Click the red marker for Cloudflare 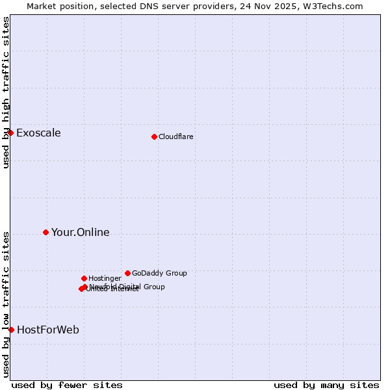[x=154, y=136]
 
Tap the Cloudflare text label [x=175, y=136]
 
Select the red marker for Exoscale [x=10, y=133]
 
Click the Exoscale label [x=38, y=133]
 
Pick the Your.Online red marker [x=45, y=232]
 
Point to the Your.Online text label [x=80, y=233]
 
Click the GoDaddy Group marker [x=127, y=273]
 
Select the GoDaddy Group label [x=159, y=273]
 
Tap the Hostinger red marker [x=84, y=278]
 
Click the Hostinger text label [x=105, y=278]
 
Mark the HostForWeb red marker [x=11, y=330]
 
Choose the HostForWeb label [x=48, y=330]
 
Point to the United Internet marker [x=81, y=289]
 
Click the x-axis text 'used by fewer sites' [x=67, y=385]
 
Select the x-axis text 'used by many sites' [x=326, y=385]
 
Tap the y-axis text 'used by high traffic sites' [x=6, y=92]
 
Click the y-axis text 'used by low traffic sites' [x=6, y=304]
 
